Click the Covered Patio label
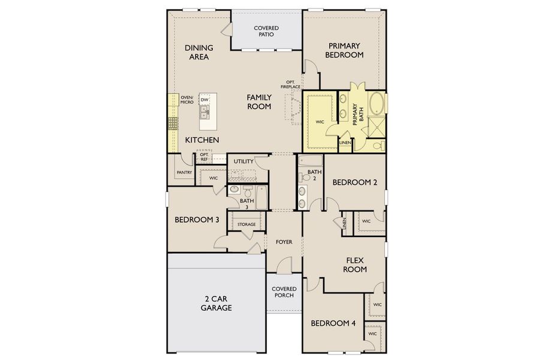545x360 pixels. tap(267, 31)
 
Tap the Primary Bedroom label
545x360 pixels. tap(344, 50)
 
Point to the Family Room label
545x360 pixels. tap(259, 101)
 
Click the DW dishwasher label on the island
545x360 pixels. tap(204, 100)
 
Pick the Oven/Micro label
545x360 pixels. tap(187, 100)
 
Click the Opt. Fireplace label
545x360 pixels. tap(293, 85)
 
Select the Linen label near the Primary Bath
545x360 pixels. tap(345, 143)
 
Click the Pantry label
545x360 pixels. tap(184, 173)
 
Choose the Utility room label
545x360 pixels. tap(243, 161)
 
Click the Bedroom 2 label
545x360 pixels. tap(355, 182)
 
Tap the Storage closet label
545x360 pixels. tap(246, 224)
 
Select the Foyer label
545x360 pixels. tap(284, 242)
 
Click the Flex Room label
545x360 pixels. tap(355, 265)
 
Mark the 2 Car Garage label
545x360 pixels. tap(216, 303)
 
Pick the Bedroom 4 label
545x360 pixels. tap(333, 323)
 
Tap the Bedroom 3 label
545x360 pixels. tap(197, 220)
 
